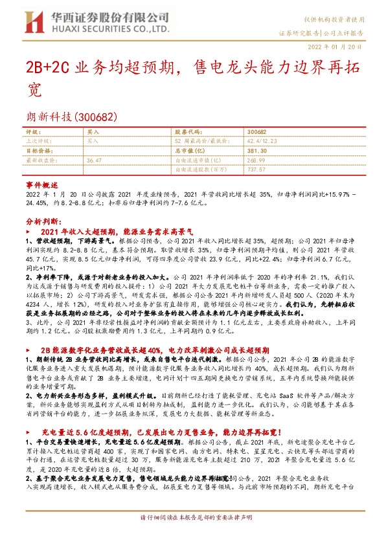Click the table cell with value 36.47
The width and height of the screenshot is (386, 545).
point(94,159)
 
